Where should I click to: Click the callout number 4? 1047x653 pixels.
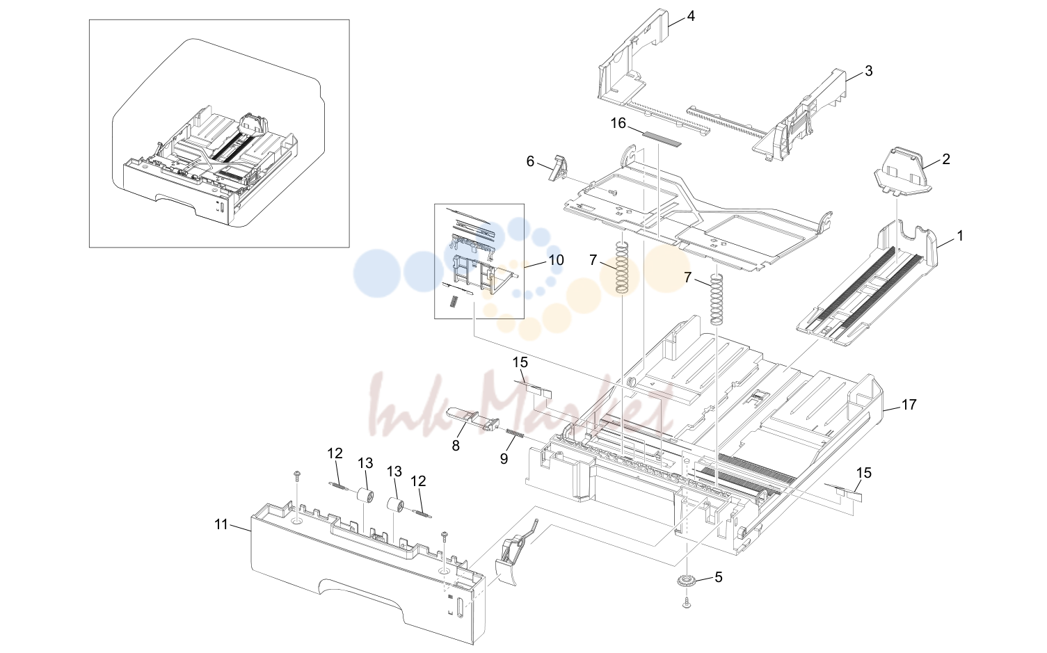691,17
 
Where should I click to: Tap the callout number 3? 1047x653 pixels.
868,71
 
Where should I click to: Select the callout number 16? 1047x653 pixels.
618,123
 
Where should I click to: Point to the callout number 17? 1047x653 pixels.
909,405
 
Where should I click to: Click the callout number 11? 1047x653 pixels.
221,524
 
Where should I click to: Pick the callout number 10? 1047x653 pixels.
557,259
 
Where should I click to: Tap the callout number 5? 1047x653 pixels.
719,577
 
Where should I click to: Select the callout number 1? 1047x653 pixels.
960,236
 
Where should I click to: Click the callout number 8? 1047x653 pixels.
456,446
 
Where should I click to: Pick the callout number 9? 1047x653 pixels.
504,459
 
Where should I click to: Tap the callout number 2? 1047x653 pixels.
946,159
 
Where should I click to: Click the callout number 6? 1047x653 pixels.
530,161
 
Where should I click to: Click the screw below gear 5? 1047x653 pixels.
687,603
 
